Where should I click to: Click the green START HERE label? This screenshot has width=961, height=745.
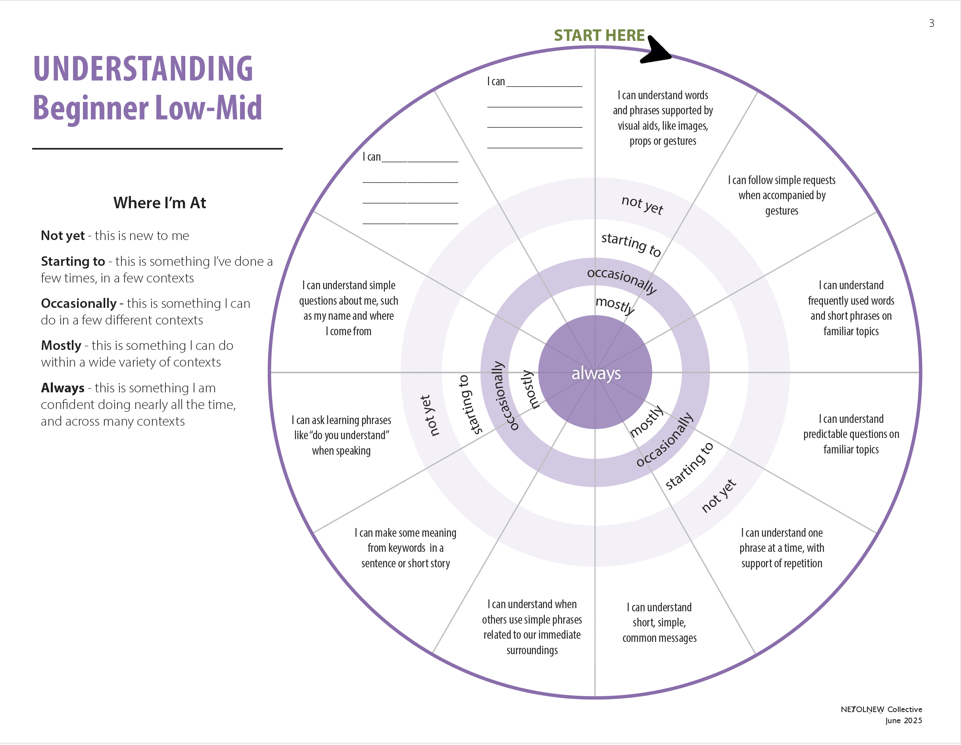pyautogui.click(x=599, y=36)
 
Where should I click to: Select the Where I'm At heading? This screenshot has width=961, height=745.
pyautogui.click(x=160, y=203)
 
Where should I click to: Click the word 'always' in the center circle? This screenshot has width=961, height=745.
pyautogui.click(x=596, y=373)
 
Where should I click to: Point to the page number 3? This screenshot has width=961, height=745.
pyautogui.click(x=931, y=23)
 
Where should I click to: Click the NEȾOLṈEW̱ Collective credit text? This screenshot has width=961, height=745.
pyautogui.click(x=881, y=709)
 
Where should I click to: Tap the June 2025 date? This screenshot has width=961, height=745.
pyautogui.click(x=903, y=721)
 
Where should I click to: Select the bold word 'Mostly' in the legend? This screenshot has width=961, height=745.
pyautogui.click(x=61, y=346)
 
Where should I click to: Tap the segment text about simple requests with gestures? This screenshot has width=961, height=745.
pyautogui.click(x=782, y=196)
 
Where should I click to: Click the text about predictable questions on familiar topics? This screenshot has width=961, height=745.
pyautogui.click(x=851, y=434)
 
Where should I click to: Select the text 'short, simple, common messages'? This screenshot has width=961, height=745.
pyautogui.click(x=659, y=622)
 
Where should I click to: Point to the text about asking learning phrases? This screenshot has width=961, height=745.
pyautogui.click(x=342, y=435)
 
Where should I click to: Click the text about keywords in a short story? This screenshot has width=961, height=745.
pyautogui.click(x=405, y=548)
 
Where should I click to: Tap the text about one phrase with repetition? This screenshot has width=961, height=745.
pyautogui.click(x=782, y=548)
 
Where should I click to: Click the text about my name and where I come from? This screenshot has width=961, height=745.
pyautogui.click(x=348, y=309)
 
